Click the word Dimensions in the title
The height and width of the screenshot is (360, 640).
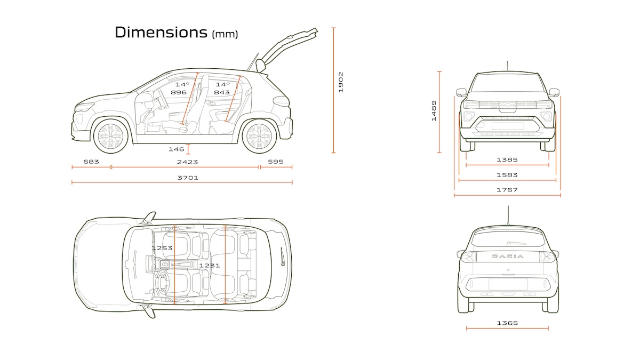coord(161,32)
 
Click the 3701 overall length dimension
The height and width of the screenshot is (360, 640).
coord(188,178)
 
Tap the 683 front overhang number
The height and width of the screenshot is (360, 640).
coord(91,162)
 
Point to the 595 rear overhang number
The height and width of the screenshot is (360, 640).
coord(276,162)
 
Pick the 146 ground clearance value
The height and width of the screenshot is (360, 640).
coord(176,149)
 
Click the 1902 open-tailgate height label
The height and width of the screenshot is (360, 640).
coord(341,82)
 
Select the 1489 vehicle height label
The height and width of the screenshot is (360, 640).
coord(434,111)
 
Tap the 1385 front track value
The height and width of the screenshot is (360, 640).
coord(507,159)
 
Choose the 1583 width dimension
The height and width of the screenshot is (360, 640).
coord(507,174)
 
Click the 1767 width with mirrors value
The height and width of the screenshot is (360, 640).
coord(507,189)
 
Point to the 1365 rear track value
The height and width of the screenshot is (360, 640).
coord(507,323)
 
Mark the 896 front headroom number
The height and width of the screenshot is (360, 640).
coord(178,92)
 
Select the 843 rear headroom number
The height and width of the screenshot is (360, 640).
coord(222,92)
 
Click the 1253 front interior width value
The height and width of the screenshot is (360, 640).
coord(162,248)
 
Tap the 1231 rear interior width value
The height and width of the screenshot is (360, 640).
coord(209,265)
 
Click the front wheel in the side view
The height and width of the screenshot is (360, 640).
coord(111,135)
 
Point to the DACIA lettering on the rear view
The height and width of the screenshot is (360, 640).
coord(507,256)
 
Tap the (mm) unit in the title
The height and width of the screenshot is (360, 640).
coord(225,35)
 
